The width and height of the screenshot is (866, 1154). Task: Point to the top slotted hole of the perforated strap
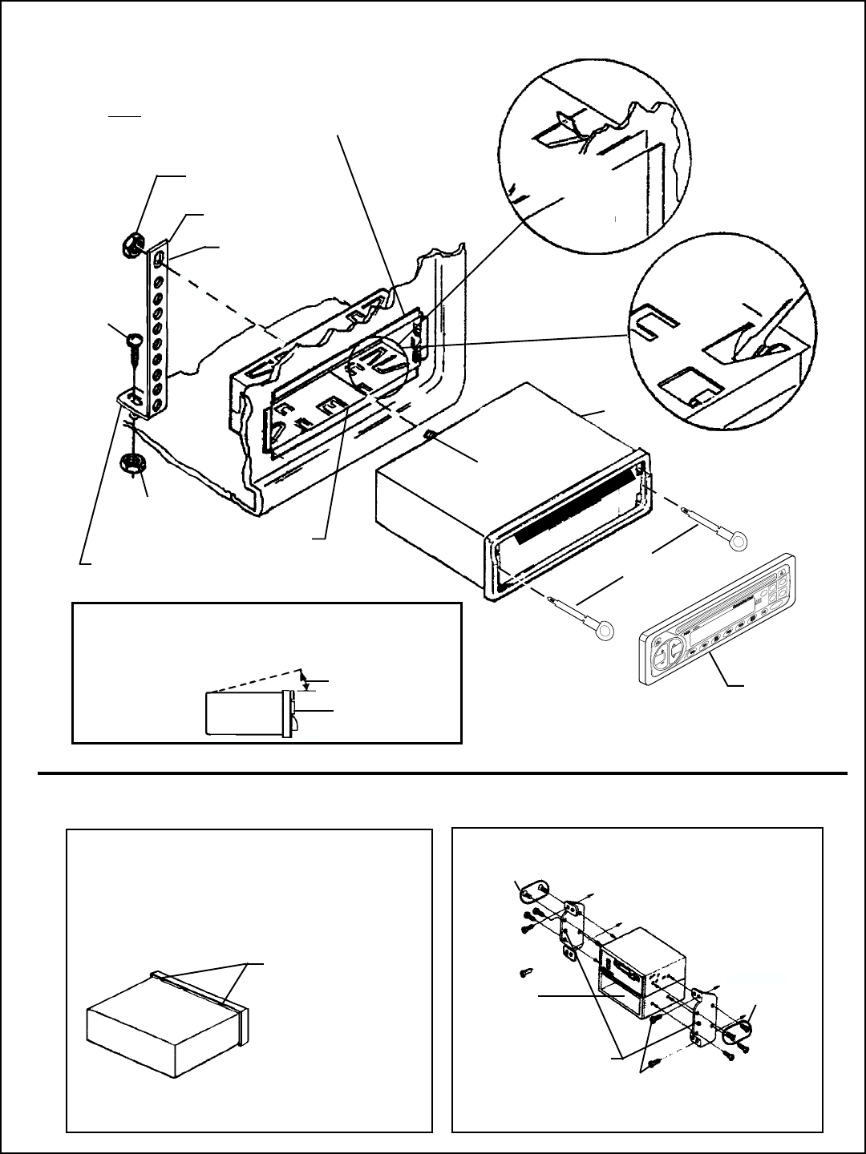coord(160,259)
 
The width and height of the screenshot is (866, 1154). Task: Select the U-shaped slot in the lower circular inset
coord(654,324)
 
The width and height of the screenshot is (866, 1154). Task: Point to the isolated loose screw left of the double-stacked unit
coord(525,972)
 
